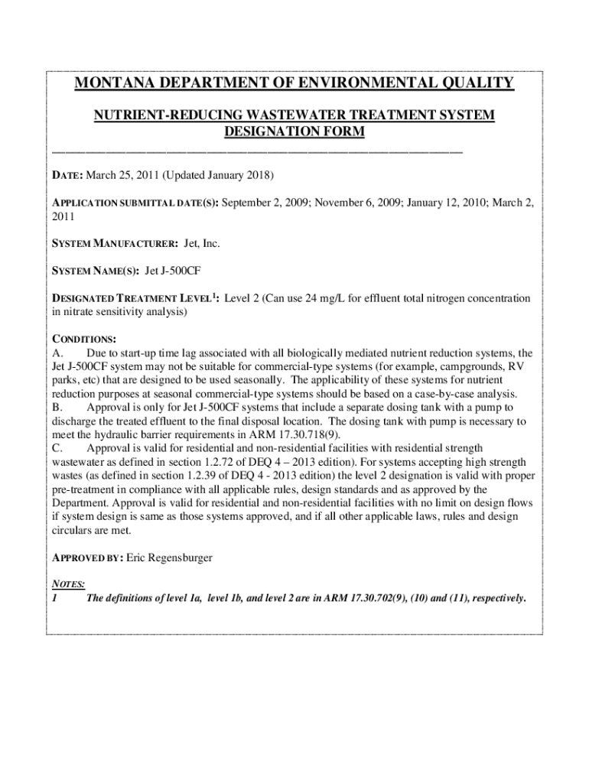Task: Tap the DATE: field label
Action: [66, 176]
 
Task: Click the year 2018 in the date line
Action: [257, 176]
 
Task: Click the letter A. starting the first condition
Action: [57, 353]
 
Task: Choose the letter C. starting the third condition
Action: [57, 448]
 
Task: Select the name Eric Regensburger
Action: [169, 558]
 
